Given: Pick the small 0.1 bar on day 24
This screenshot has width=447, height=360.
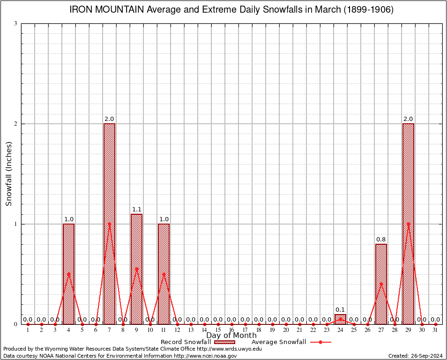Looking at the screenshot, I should [340, 319].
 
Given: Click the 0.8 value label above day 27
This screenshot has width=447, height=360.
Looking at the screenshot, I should [381, 240].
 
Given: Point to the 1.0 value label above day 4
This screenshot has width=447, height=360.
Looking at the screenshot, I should [68, 219].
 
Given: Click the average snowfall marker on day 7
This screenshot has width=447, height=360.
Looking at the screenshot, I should [109, 224].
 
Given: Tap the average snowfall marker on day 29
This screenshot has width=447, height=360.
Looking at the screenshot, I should [408, 224].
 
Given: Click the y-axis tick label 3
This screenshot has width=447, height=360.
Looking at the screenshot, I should [15, 23].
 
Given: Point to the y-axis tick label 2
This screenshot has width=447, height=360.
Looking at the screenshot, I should [15, 124].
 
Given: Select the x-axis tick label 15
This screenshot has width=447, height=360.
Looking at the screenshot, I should [218, 330].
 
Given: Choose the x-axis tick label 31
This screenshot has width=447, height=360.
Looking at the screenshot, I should [435, 330].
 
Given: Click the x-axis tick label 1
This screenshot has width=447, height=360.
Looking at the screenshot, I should [28, 330].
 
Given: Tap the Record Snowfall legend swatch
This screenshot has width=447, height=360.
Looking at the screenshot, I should [224, 342].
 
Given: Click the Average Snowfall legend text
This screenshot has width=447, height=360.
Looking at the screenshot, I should [278, 342].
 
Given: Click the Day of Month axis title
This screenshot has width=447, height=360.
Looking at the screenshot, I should [231, 336].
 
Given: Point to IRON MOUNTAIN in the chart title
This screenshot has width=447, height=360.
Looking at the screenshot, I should [107, 10].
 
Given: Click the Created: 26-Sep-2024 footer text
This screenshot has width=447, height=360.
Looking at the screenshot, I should [415, 356].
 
